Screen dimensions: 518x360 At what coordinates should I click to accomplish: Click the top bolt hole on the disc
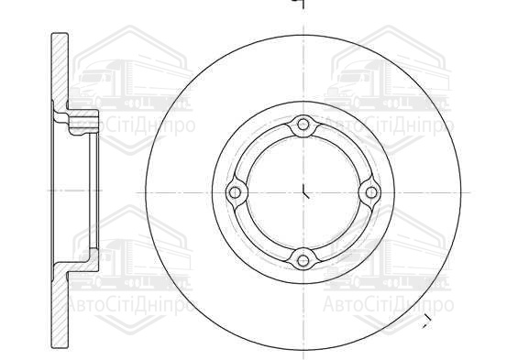click(303, 125)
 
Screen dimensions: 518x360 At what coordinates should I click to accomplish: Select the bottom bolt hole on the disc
click(303, 261)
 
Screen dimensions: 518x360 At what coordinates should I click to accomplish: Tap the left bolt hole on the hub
click(235, 192)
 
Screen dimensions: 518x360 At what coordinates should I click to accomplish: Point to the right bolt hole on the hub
click(371, 192)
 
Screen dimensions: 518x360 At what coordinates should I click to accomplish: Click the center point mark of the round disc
click(305, 192)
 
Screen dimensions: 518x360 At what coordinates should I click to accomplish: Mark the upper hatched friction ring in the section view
click(60, 71)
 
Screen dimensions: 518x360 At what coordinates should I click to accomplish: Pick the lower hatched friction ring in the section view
click(61, 309)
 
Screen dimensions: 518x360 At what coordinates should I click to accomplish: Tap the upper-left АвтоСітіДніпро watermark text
click(132, 125)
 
